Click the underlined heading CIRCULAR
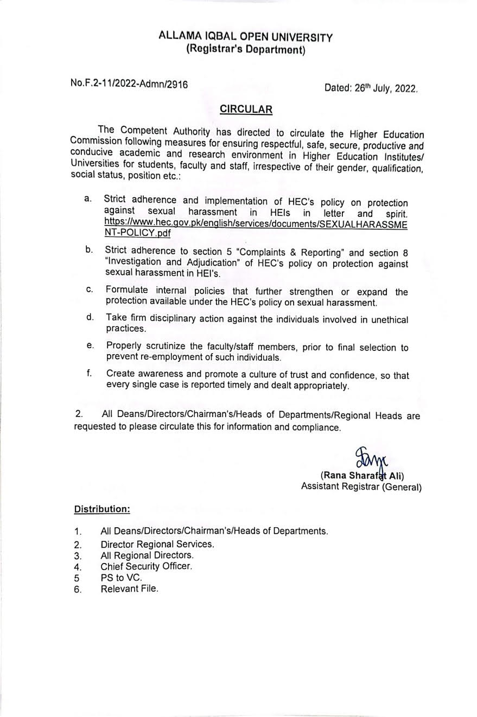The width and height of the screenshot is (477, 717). (x=246, y=110)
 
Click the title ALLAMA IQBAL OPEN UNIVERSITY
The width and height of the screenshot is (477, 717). (x=245, y=37)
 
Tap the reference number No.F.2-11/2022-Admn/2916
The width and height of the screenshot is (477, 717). (x=129, y=84)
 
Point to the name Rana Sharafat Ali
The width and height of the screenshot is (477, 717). (x=362, y=476)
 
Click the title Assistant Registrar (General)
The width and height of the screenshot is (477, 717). (x=361, y=487)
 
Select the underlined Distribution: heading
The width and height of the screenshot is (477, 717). (x=102, y=509)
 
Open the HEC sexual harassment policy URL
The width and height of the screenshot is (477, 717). (x=256, y=229)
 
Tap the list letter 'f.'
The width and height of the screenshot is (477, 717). (x=89, y=373)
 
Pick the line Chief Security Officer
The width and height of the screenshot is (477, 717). (x=147, y=566)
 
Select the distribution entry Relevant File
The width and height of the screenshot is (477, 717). (x=129, y=588)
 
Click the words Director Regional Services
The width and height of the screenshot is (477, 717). (x=157, y=544)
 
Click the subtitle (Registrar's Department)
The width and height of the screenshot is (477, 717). (x=245, y=50)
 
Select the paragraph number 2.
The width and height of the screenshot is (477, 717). (x=79, y=414)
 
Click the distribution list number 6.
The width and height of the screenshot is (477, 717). (x=78, y=590)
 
